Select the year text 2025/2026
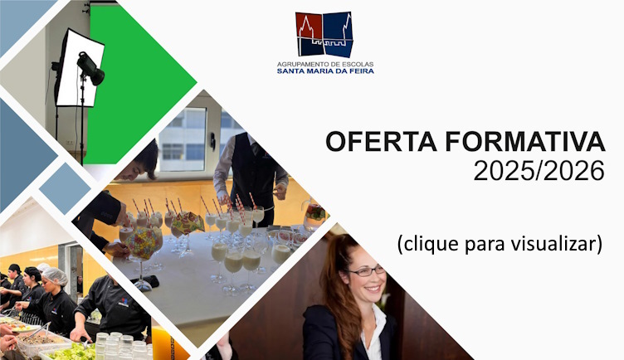click(x=539, y=171)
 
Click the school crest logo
click(x=324, y=35)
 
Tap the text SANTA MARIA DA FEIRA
click(x=325, y=71)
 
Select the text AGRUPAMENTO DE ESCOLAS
click(x=325, y=64)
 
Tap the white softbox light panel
click(x=79, y=68)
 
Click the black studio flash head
click(x=90, y=68)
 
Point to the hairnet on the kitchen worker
click(x=56, y=275)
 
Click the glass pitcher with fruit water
click(x=314, y=215)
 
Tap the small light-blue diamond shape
click(x=65, y=188)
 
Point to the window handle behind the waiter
click(x=213, y=141)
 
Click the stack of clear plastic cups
click(x=121, y=346)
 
